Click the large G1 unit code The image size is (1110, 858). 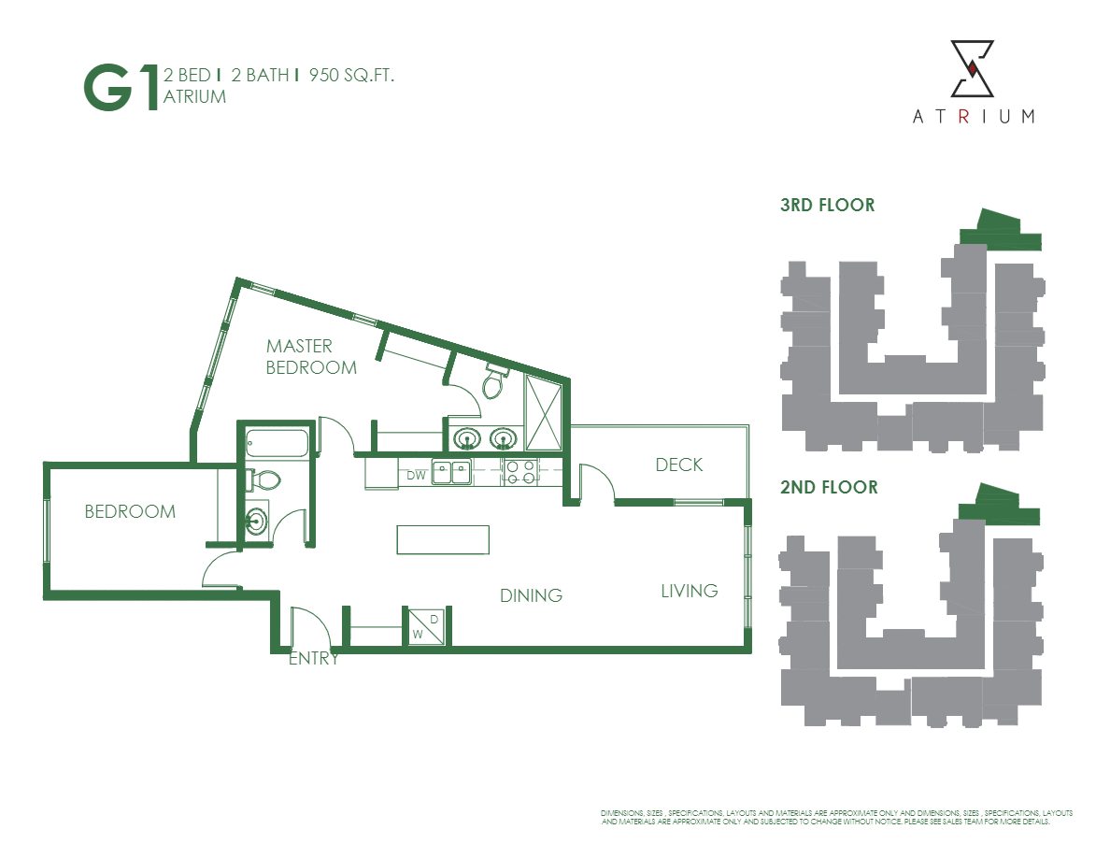click(x=121, y=88)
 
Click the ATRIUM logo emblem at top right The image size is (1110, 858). click(x=973, y=69)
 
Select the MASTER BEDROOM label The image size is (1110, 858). click(x=311, y=356)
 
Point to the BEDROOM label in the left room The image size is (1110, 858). click(x=130, y=511)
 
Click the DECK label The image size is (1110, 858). click(x=678, y=465)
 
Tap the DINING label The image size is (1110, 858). click(x=531, y=595)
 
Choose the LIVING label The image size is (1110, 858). click(x=690, y=591)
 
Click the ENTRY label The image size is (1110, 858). click(x=313, y=658)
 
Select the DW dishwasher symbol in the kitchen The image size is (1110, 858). click(x=416, y=475)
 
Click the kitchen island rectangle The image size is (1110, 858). click(x=443, y=539)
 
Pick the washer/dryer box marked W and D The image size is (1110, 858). click(x=426, y=626)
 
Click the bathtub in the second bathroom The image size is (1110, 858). click(x=276, y=443)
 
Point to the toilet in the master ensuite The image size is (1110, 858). click(x=493, y=380)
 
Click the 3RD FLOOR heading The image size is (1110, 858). click(x=827, y=205)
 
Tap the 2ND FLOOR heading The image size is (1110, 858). click(x=829, y=487)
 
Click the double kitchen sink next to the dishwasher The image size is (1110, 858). click(x=451, y=472)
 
